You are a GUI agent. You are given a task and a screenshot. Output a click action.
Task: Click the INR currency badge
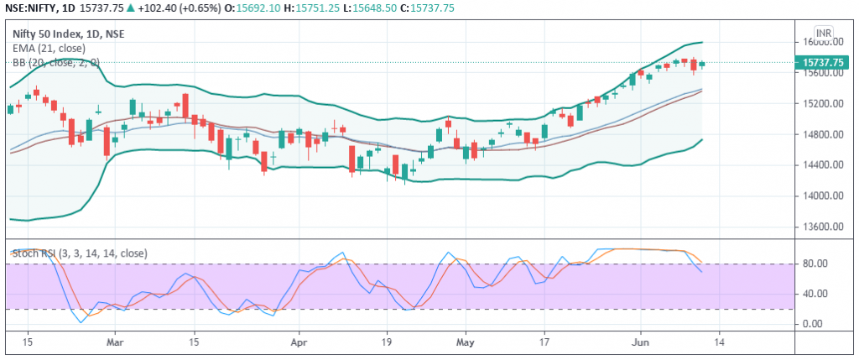[824, 33]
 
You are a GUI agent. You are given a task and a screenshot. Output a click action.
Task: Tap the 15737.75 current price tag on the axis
[823, 62]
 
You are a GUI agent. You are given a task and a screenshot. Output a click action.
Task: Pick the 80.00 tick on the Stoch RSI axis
[815, 264]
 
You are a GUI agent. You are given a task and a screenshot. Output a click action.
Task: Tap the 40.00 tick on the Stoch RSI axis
[815, 295]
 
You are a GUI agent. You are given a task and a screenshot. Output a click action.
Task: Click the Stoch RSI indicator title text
[80, 253]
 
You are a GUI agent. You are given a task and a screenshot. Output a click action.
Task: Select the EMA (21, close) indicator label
[49, 48]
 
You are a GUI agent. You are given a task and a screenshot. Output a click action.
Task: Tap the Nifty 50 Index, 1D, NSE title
[68, 34]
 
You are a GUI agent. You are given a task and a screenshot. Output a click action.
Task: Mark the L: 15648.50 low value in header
[372, 8]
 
